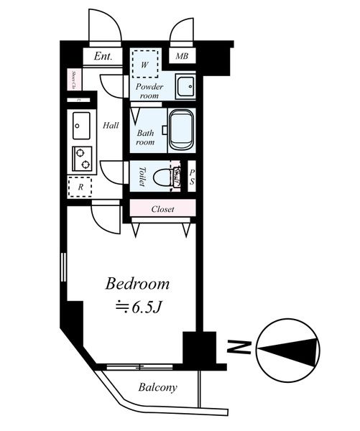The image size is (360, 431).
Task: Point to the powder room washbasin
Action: (x=183, y=85)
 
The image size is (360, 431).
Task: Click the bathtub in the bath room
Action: (x=180, y=129)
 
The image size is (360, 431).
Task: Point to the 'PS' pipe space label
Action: (x=192, y=176)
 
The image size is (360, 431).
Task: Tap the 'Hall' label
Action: (x=110, y=125)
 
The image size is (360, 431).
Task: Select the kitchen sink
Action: (x=79, y=126)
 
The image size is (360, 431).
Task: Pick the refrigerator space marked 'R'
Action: (x=79, y=186)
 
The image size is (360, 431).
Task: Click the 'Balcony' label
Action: (x=157, y=388)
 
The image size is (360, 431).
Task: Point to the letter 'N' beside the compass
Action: (x=234, y=350)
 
